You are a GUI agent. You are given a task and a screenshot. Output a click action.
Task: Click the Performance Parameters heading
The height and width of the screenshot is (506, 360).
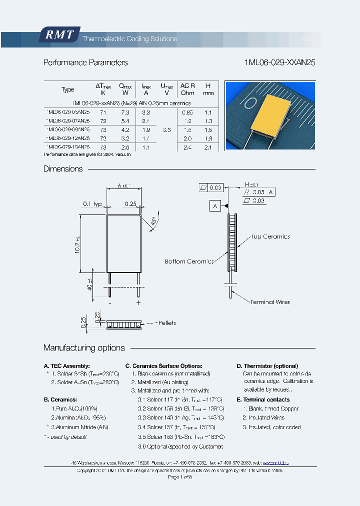point(85,62)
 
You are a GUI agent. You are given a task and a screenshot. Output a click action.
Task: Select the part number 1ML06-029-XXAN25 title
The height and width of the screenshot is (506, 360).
point(279,62)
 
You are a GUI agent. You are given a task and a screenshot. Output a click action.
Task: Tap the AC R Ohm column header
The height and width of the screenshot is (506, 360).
point(187,89)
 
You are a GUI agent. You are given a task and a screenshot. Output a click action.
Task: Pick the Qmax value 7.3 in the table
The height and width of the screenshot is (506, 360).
point(124,113)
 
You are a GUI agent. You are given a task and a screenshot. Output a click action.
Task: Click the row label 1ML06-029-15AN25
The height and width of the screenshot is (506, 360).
point(67,147)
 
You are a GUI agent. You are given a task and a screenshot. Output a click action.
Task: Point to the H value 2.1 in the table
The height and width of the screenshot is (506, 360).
point(208,147)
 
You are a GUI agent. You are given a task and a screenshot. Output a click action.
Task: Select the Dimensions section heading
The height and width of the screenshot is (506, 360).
point(63,169)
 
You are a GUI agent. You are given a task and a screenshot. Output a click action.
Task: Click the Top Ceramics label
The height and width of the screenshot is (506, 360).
point(270,236)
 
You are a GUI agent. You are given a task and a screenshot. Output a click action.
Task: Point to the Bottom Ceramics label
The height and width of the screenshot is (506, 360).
point(189,261)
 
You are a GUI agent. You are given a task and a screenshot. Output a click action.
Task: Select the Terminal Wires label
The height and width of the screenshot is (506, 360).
point(270,302)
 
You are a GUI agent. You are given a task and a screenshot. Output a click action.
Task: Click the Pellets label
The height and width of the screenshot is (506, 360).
point(164,323)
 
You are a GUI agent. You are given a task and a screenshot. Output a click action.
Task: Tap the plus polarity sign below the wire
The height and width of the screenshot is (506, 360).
point(138,303)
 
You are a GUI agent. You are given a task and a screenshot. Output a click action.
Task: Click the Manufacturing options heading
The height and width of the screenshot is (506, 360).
point(84,347)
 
